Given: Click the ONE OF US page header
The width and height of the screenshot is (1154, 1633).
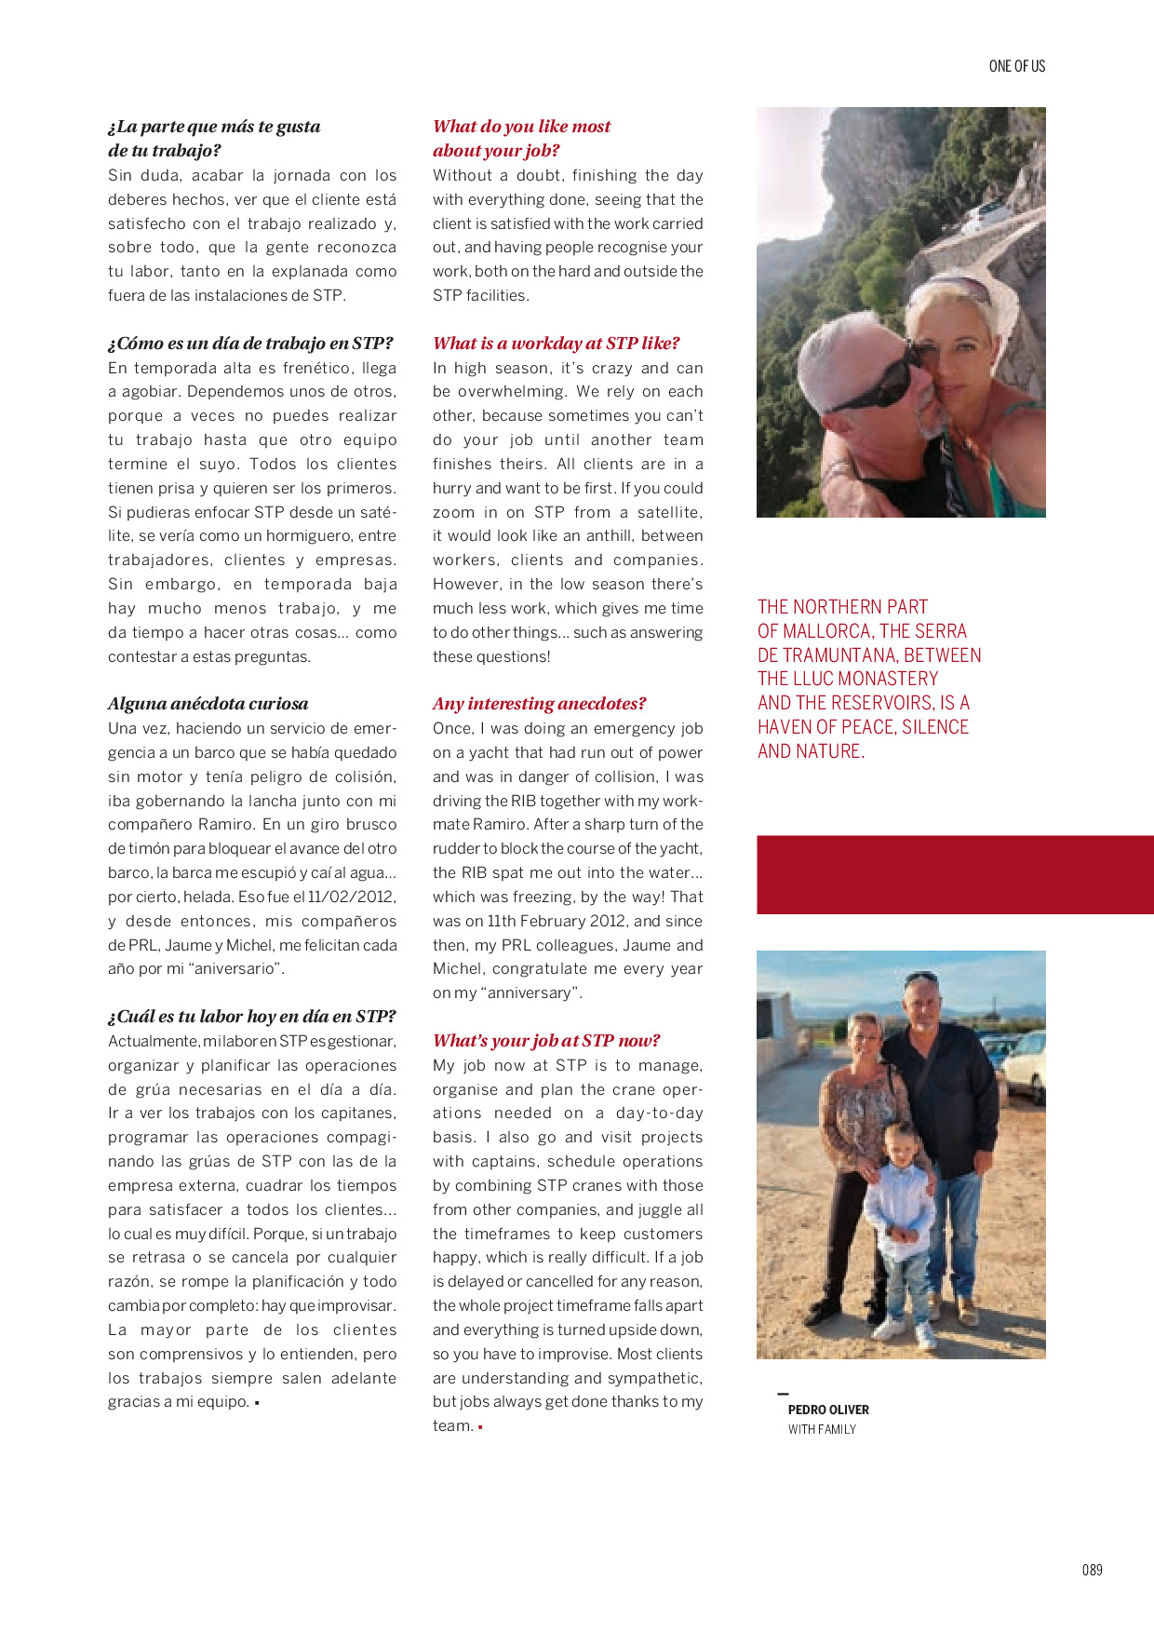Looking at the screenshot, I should [1016, 66].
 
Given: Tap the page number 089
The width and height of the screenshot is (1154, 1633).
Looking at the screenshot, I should [1092, 1570].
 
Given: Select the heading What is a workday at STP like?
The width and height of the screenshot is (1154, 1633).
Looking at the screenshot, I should [556, 344].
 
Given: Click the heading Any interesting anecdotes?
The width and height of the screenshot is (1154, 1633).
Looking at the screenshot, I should [539, 704].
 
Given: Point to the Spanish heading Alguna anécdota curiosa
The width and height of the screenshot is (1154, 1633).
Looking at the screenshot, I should [208, 704].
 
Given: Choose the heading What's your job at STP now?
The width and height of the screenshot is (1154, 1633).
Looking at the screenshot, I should [546, 1041].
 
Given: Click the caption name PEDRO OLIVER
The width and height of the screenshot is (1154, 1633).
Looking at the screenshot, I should [828, 1410].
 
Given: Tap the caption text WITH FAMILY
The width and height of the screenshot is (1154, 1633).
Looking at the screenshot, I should [822, 1429].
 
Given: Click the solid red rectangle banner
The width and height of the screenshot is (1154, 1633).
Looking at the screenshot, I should [955, 874].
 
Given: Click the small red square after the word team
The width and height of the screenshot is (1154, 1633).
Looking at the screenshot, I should [480, 1427].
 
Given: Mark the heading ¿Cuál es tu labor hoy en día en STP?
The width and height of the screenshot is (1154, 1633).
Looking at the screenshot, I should [251, 1017].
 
